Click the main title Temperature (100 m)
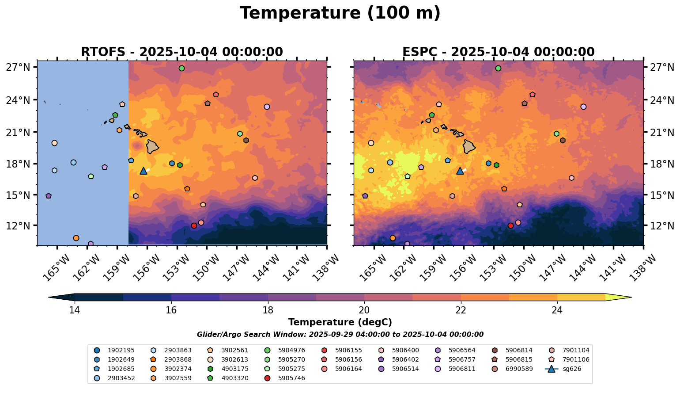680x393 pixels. pos(340,13)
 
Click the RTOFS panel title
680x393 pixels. pos(181,52)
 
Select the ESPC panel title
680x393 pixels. pos(498,52)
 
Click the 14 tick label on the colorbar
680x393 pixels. pos(74,310)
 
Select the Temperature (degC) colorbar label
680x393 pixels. pos(340,322)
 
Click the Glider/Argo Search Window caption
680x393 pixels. pos(340,335)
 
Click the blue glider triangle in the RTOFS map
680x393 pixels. pos(144,171)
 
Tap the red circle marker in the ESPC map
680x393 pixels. pos(510,225)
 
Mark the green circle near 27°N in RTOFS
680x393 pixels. pos(181,68)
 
